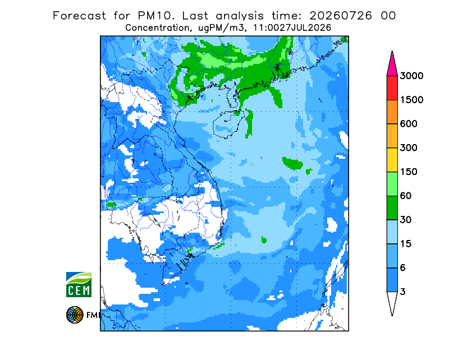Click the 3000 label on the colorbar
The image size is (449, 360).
411,76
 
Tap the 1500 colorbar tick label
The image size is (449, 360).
411,100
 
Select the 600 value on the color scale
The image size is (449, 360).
409,124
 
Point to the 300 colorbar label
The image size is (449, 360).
409,148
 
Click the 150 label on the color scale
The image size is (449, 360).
409,172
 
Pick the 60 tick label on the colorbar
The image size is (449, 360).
406,196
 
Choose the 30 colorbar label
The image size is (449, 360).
406,220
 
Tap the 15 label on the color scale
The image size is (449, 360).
406,244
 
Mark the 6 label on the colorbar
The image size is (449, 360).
402,268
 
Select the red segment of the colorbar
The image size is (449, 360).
392,88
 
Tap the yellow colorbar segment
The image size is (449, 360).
392,160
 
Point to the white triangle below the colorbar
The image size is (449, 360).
392,301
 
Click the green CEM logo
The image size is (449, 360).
79,285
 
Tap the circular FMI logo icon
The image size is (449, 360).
75,315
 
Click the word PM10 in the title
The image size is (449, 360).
156,16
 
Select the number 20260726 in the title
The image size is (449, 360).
341,16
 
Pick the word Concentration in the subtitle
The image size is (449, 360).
158,28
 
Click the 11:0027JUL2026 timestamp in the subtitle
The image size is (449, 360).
292,28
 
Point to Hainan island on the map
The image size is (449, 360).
228,124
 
